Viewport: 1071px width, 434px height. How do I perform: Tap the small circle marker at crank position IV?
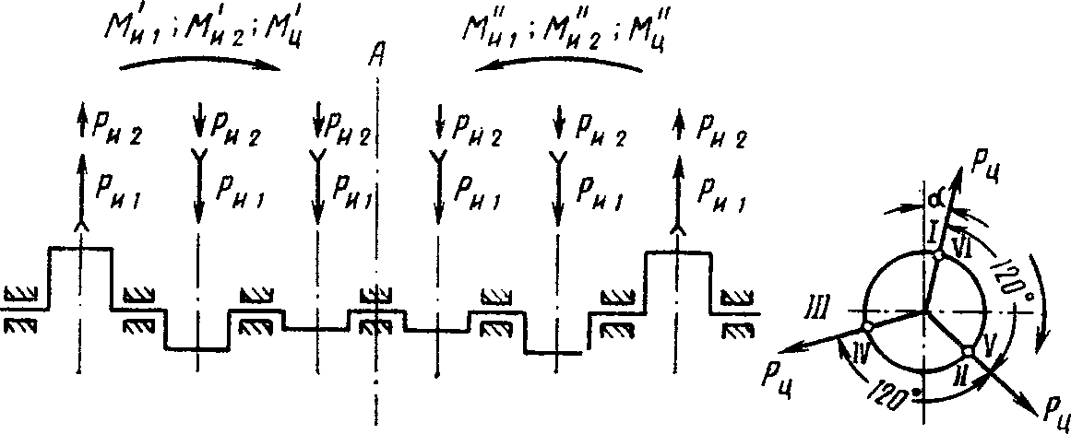868,327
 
